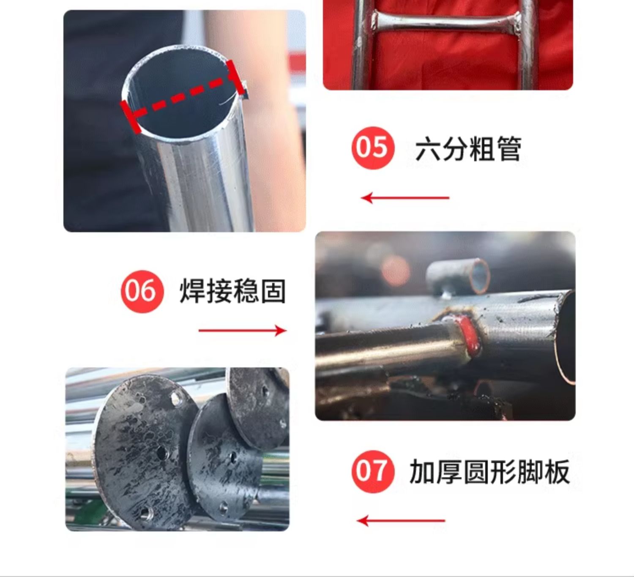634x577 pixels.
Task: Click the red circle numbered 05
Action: [x=373, y=148]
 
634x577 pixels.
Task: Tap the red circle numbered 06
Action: [x=142, y=292]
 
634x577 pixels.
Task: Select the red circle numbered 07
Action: [x=373, y=471]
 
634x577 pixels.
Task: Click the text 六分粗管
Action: [x=468, y=149]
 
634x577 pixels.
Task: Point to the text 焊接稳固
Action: [x=232, y=291]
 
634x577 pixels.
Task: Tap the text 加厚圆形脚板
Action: [x=489, y=472]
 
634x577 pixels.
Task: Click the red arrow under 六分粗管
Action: [x=405, y=198]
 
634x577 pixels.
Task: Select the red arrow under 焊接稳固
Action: [x=243, y=331]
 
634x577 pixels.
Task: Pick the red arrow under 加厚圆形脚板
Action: [x=401, y=521]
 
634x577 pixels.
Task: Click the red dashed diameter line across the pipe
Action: [x=185, y=97]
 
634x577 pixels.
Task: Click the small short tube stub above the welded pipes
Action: [x=458, y=276]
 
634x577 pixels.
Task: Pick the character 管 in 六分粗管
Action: [x=508, y=149]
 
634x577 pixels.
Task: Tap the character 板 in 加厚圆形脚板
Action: [x=557, y=472]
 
